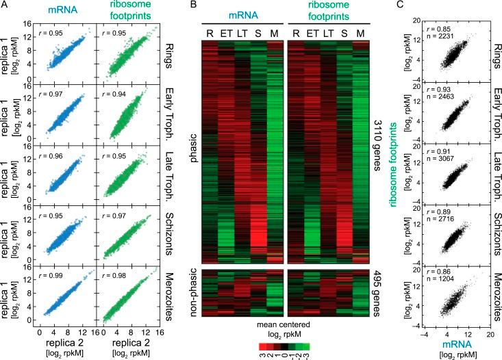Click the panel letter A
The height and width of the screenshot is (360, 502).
[4, 5]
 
